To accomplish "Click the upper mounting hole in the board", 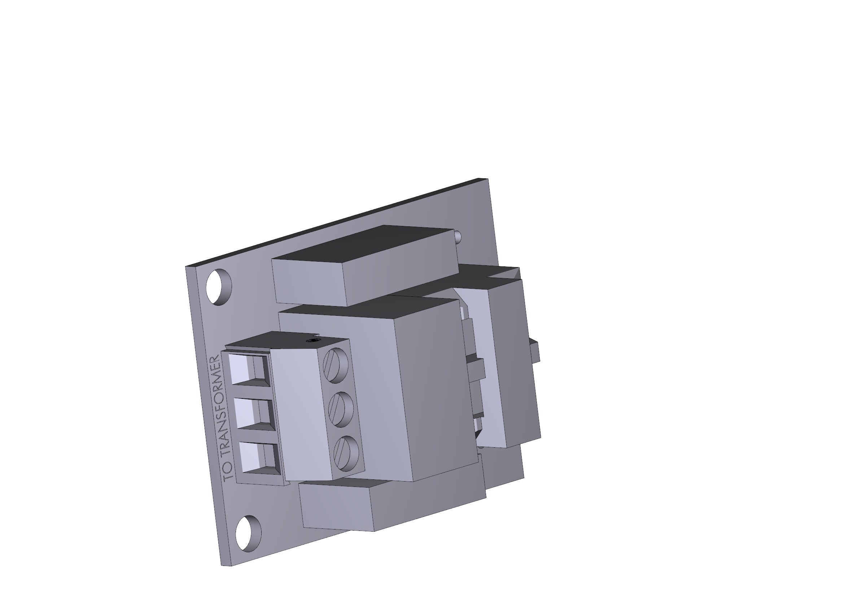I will [x=219, y=286].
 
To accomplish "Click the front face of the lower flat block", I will [x=336, y=507].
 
